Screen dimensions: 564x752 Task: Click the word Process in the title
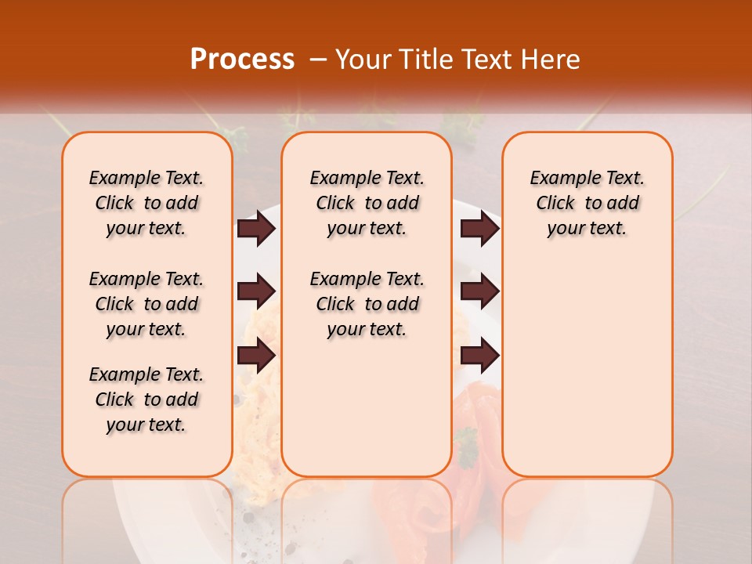click(x=242, y=60)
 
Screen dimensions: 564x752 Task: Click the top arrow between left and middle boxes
click(x=256, y=228)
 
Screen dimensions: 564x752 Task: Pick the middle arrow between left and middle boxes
click(x=256, y=292)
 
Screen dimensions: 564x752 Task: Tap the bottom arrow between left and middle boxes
click(x=256, y=356)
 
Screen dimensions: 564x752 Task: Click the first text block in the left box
click(x=146, y=203)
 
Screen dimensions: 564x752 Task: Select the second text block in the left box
click(x=146, y=304)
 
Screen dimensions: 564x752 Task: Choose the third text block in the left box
click(x=146, y=399)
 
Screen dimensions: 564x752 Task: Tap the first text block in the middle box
click(x=367, y=203)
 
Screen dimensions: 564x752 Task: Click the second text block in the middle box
click(x=367, y=304)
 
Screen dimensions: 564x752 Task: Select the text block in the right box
click(x=587, y=203)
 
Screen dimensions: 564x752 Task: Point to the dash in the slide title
click(x=318, y=60)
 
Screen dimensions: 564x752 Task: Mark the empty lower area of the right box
click(x=587, y=368)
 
